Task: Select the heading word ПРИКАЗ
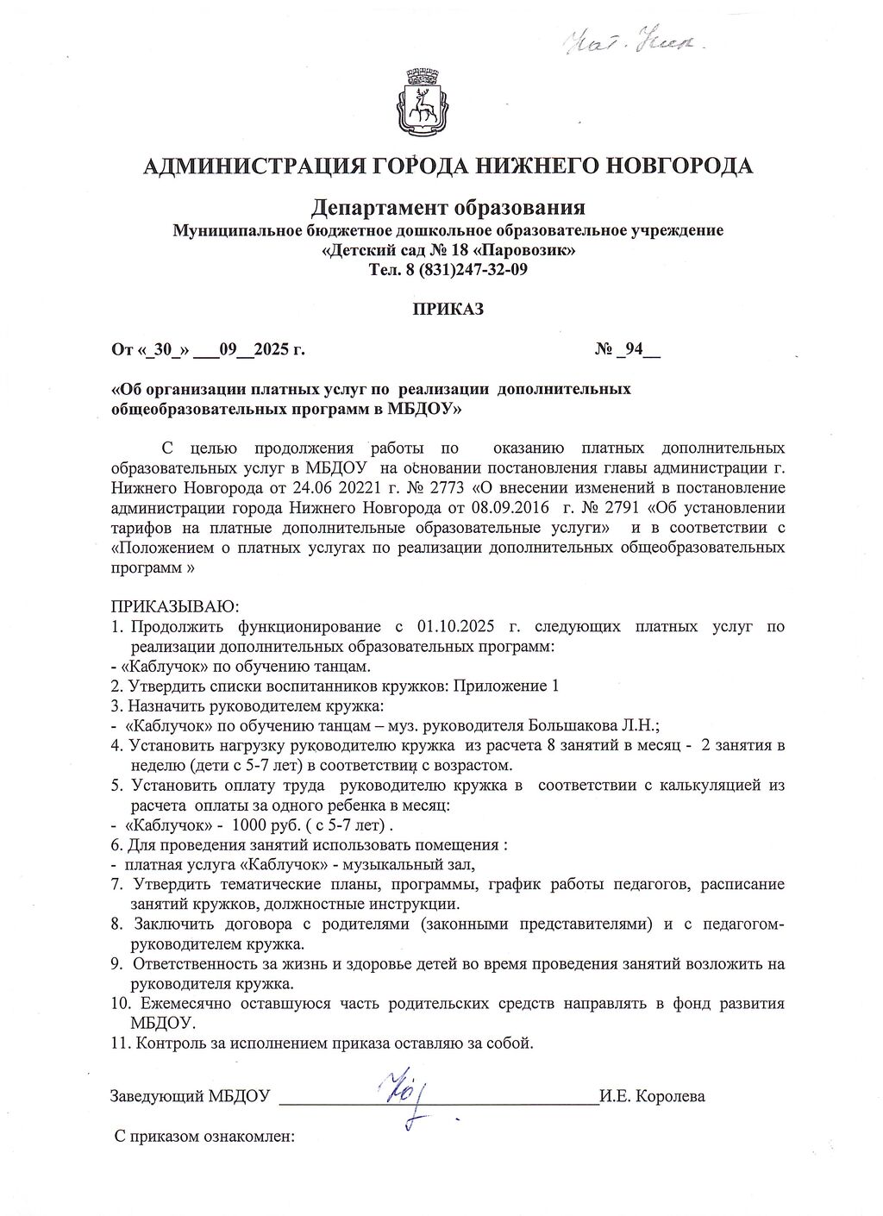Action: click(x=448, y=309)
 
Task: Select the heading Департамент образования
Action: click(x=448, y=208)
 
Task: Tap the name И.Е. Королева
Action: click(x=653, y=1097)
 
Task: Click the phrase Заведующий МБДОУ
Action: click(x=191, y=1097)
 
